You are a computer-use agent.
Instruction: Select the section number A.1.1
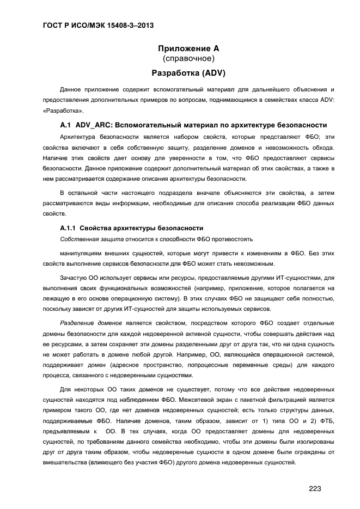tap(70, 228)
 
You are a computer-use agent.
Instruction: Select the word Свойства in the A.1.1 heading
tap(97, 228)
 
